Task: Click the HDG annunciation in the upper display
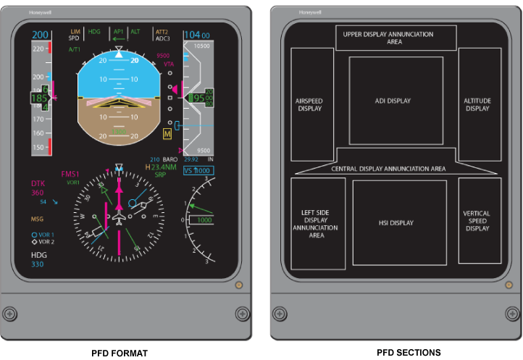point(94,32)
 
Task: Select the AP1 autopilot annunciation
point(118,32)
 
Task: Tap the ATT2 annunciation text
point(162,32)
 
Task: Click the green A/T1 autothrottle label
point(75,49)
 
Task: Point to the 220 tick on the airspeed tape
point(38,49)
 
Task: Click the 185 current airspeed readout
point(39,97)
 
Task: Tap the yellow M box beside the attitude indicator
point(168,134)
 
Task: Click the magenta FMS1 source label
point(70,174)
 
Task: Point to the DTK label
point(38,184)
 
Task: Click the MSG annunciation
point(36,218)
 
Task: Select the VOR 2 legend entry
point(46,242)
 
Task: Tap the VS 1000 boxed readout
point(198,170)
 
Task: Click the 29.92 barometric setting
point(191,159)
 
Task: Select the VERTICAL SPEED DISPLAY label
point(477,221)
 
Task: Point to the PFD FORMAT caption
point(120,353)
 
